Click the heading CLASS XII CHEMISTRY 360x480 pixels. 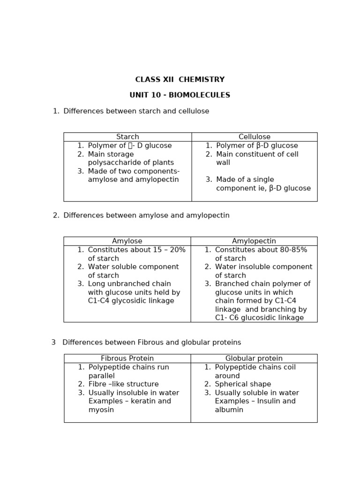click(180, 80)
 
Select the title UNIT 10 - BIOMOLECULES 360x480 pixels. click(180, 95)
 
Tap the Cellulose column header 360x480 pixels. click(255, 137)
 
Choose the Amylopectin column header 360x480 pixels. click(254, 241)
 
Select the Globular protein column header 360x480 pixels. click(254, 359)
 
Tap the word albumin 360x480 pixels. click(229, 410)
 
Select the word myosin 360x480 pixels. click(101, 410)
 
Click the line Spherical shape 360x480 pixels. click(243, 384)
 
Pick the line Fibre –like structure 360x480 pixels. click(117, 384)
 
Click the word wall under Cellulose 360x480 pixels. click(223, 163)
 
